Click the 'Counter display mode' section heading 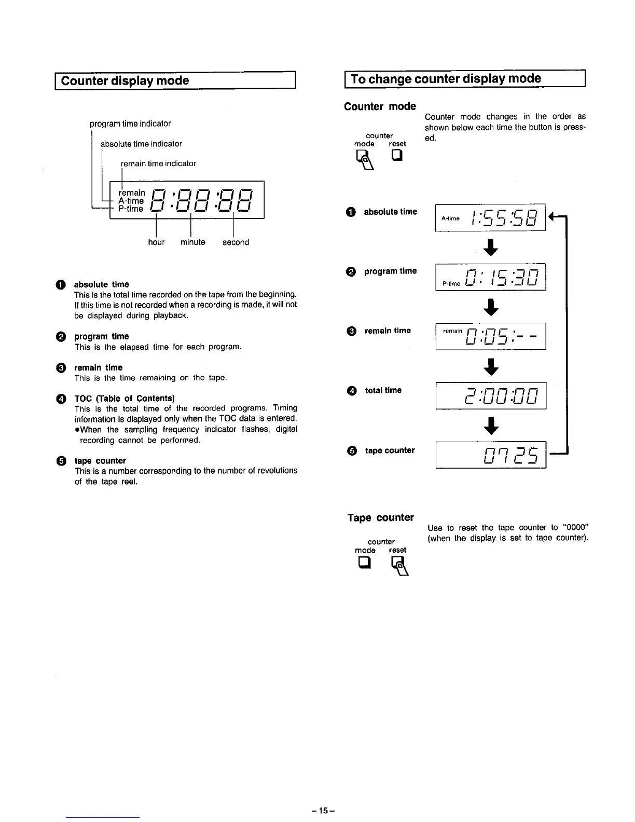[x=125, y=81]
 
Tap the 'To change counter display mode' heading [x=446, y=79]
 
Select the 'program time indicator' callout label [x=130, y=124]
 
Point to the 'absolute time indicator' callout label [x=141, y=144]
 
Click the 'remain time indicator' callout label [x=158, y=163]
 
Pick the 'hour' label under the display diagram [x=156, y=242]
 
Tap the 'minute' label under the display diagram [x=193, y=242]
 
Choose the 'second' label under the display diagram [x=236, y=242]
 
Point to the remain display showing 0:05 [x=490, y=337]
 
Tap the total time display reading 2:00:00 [x=490, y=396]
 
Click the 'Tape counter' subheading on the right [x=380, y=517]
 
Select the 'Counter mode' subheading [x=380, y=106]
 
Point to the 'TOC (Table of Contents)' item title [x=125, y=398]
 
